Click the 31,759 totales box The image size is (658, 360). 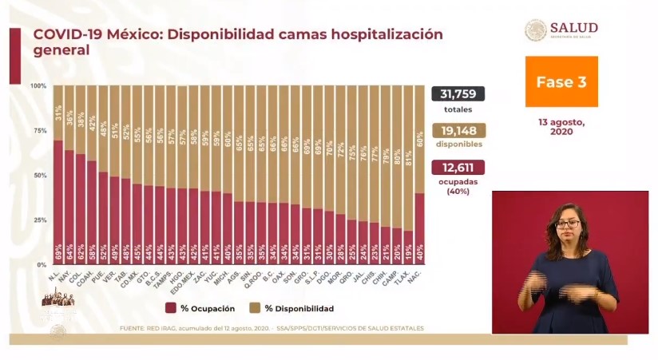point(458,94)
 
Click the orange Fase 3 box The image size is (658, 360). point(561,81)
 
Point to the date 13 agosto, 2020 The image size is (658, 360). point(561,128)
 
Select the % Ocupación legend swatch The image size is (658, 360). point(171,308)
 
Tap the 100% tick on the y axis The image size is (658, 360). point(38,85)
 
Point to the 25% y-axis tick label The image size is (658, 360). point(38,220)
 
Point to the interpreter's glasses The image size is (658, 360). point(568,224)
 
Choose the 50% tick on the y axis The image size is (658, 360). point(38,175)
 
